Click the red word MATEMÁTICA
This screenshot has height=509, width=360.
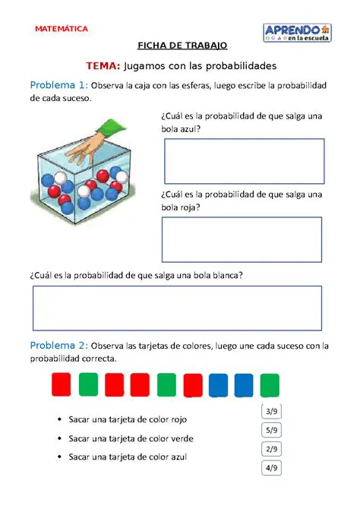[62, 29]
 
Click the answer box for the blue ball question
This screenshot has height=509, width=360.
[244, 161]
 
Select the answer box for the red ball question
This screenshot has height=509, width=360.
[242, 239]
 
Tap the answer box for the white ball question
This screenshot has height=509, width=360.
[176, 308]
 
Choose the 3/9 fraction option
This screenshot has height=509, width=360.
[271, 412]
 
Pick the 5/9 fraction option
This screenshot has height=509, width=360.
[271, 430]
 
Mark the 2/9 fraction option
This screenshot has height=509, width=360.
[271, 449]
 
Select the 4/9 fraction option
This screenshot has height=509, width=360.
[271, 468]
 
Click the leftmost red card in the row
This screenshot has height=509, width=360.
[62, 384]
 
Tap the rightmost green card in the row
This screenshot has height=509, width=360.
[270, 384]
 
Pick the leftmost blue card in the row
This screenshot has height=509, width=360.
[218, 384]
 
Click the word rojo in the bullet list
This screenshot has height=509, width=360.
[175, 419]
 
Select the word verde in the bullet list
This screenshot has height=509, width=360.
[180, 438]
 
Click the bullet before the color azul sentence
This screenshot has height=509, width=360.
[58, 457]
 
